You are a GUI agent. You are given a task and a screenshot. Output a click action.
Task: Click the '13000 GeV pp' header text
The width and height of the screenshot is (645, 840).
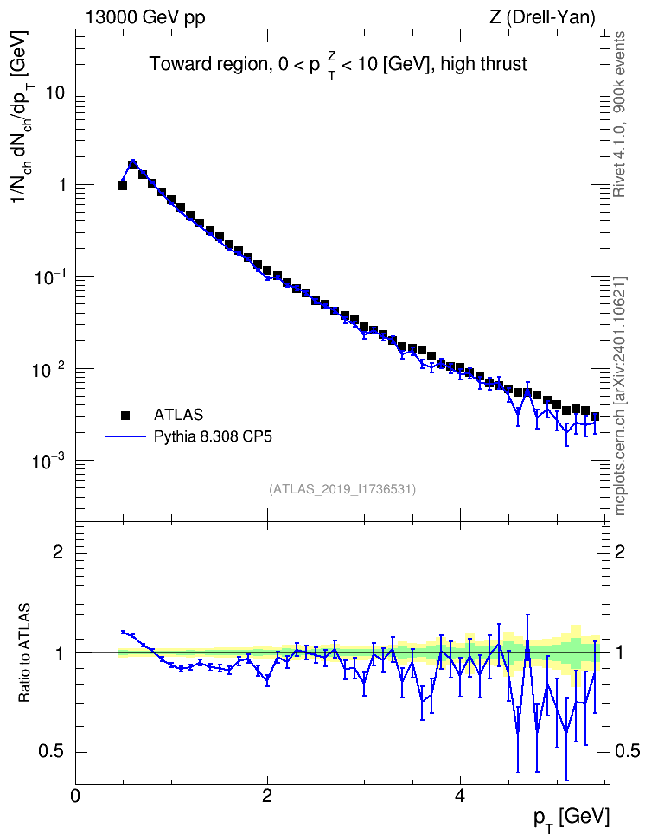click(144, 17)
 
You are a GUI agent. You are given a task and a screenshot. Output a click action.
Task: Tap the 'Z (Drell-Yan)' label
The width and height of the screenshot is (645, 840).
click(542, 17)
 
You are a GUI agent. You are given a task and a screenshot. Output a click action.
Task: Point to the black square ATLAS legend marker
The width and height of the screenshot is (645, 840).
click(125, 415)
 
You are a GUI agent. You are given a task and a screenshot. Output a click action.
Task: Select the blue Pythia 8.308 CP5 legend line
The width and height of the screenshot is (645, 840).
click(125, 436)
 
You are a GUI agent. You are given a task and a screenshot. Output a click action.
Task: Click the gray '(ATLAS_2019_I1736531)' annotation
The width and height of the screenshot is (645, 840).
click(342, 488)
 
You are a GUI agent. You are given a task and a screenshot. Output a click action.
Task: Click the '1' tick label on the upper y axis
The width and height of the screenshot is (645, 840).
click(60, 185)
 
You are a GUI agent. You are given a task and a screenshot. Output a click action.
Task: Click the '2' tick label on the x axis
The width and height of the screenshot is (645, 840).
click(267, 795)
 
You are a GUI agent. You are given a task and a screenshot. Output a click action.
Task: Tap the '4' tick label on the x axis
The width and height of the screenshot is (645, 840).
click(460, 795)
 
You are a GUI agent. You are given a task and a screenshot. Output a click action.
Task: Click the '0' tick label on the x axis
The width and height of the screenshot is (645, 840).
click(75, 795)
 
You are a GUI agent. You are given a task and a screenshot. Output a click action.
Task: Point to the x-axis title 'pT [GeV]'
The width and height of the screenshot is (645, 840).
click(572, 819)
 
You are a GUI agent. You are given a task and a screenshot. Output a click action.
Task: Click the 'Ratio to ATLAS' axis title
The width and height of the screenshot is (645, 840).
click(24, 653)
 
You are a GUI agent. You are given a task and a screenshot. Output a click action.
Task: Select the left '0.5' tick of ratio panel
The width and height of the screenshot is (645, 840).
click(50, 752)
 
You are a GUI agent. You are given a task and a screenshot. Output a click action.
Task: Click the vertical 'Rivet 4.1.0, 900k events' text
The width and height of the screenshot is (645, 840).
click(619, 114)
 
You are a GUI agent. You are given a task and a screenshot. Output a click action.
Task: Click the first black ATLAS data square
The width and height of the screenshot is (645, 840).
click(122, 185)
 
